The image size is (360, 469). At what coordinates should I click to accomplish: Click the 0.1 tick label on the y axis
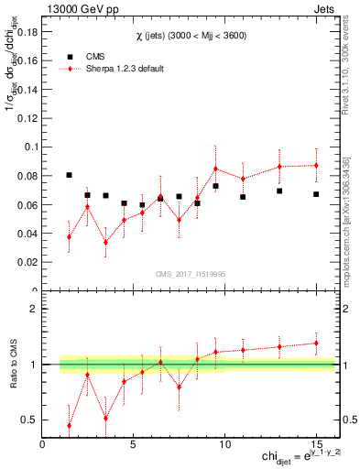30,147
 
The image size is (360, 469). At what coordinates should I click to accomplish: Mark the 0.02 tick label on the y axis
27,262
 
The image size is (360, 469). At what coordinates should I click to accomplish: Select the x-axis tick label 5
134,444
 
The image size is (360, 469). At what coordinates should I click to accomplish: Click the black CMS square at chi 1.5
70,175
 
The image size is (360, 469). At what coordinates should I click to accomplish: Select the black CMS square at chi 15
316,194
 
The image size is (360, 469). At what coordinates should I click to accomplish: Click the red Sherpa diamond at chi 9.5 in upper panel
215,169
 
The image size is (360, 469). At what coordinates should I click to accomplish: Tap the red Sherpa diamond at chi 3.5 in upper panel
106,242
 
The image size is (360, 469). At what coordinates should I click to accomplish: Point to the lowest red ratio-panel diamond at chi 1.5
70,425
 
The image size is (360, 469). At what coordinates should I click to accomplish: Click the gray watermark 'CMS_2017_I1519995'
190,273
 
